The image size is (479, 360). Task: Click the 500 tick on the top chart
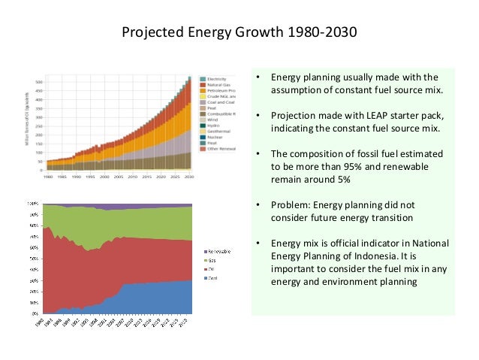click(38, 81)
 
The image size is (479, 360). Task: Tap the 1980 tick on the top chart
click(47, 177)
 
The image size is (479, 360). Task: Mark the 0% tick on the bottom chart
click(36, 313)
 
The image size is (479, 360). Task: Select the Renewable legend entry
click(220, 250)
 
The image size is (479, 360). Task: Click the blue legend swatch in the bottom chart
click(205, 277)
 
